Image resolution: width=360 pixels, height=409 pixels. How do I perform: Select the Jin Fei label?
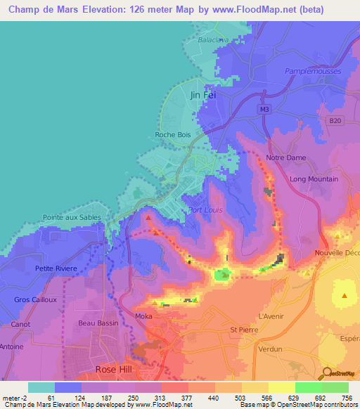pyautogui.click(x=205, y=93)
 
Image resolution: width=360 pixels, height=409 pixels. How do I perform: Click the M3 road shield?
pyautogui.click(x=264, y=110)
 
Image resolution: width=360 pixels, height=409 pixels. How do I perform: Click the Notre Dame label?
pyautogui.click(x=286, y=158)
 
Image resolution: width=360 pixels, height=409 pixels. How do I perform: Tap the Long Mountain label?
pyautogui.click(x=314, y=179)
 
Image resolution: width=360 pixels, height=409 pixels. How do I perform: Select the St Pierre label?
pyautogui.click(x=236, y=330)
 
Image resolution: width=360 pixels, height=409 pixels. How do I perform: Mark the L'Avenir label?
pyautogui.click(x=271, y=316)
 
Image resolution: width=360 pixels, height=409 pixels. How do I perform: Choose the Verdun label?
pyautogui.click(x=270, y=349)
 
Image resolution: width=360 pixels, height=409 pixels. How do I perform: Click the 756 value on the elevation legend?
pyautogui.click(x=347, y=398)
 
